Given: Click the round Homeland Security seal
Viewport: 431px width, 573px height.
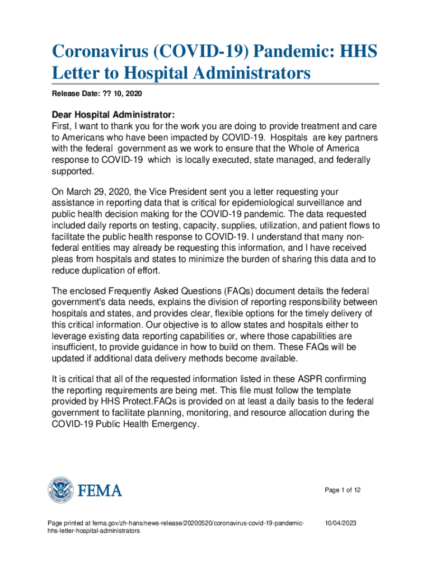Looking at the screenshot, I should [60, 491].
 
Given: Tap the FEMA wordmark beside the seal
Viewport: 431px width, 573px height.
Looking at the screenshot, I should [100, 491].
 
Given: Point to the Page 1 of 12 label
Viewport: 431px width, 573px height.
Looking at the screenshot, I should [343, 490].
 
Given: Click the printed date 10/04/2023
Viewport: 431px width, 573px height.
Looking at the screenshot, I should [341, 523].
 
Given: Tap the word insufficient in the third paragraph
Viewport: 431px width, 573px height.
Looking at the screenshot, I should [74, 347].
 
